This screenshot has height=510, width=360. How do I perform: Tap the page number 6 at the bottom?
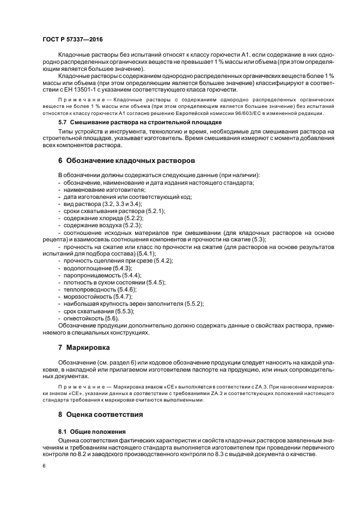pos(44,467)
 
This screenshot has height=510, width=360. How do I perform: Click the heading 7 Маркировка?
pos(84,347)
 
